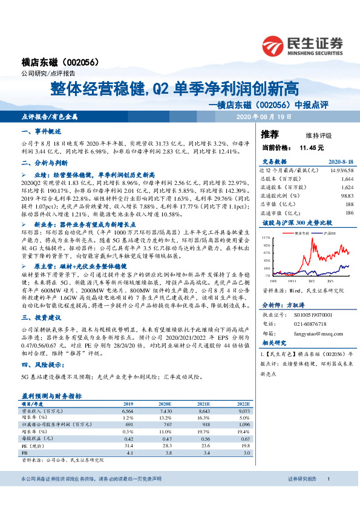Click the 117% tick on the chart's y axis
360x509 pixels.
click(x=266, y=238)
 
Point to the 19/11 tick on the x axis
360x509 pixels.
click(x=293, y=280)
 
